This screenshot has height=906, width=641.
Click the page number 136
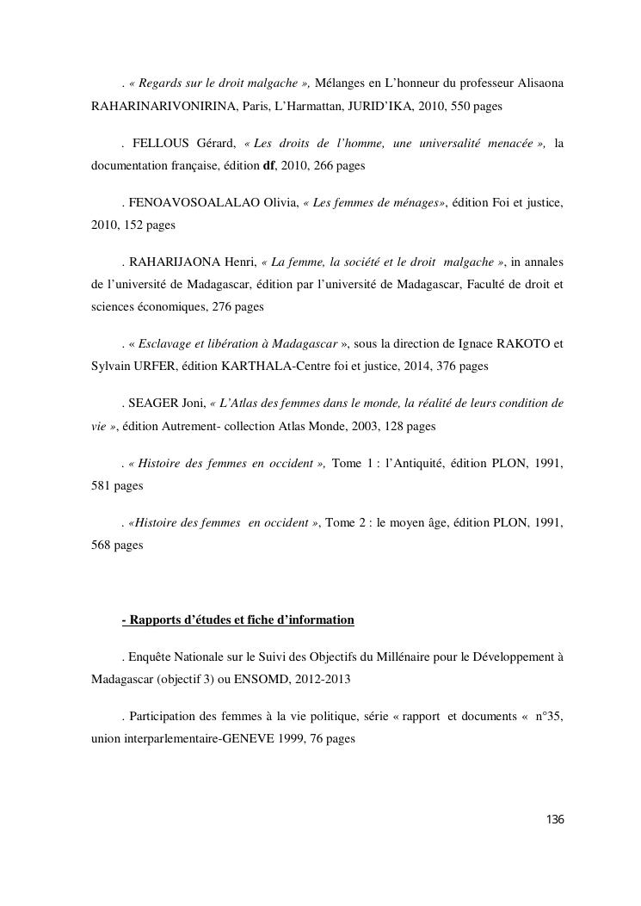[555, 819]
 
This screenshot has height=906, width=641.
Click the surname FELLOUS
[159, 142]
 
